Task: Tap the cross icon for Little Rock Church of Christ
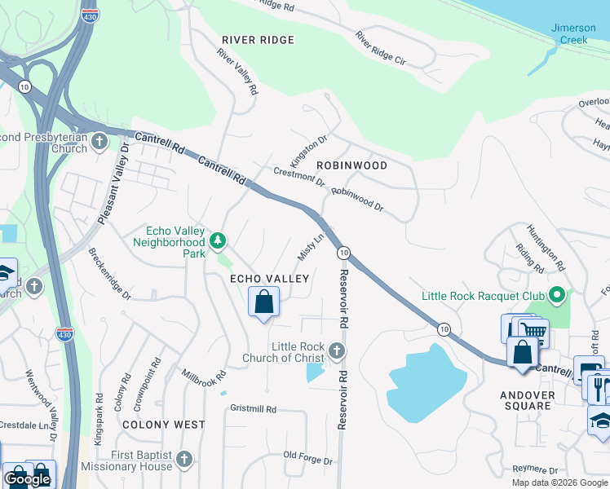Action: (337, 351)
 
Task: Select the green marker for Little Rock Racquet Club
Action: (557, 295)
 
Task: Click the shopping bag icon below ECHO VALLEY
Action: (263, 303)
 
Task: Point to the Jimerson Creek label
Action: (573, 33)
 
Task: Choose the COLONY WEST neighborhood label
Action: (164, 425)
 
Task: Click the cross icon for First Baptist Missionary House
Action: (184, 460)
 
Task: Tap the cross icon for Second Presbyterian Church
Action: (99, 143)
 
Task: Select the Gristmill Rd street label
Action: (254, 408)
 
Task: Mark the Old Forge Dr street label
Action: (307, 458)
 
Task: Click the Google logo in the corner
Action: (28, 479)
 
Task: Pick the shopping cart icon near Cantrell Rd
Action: (533, 332)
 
